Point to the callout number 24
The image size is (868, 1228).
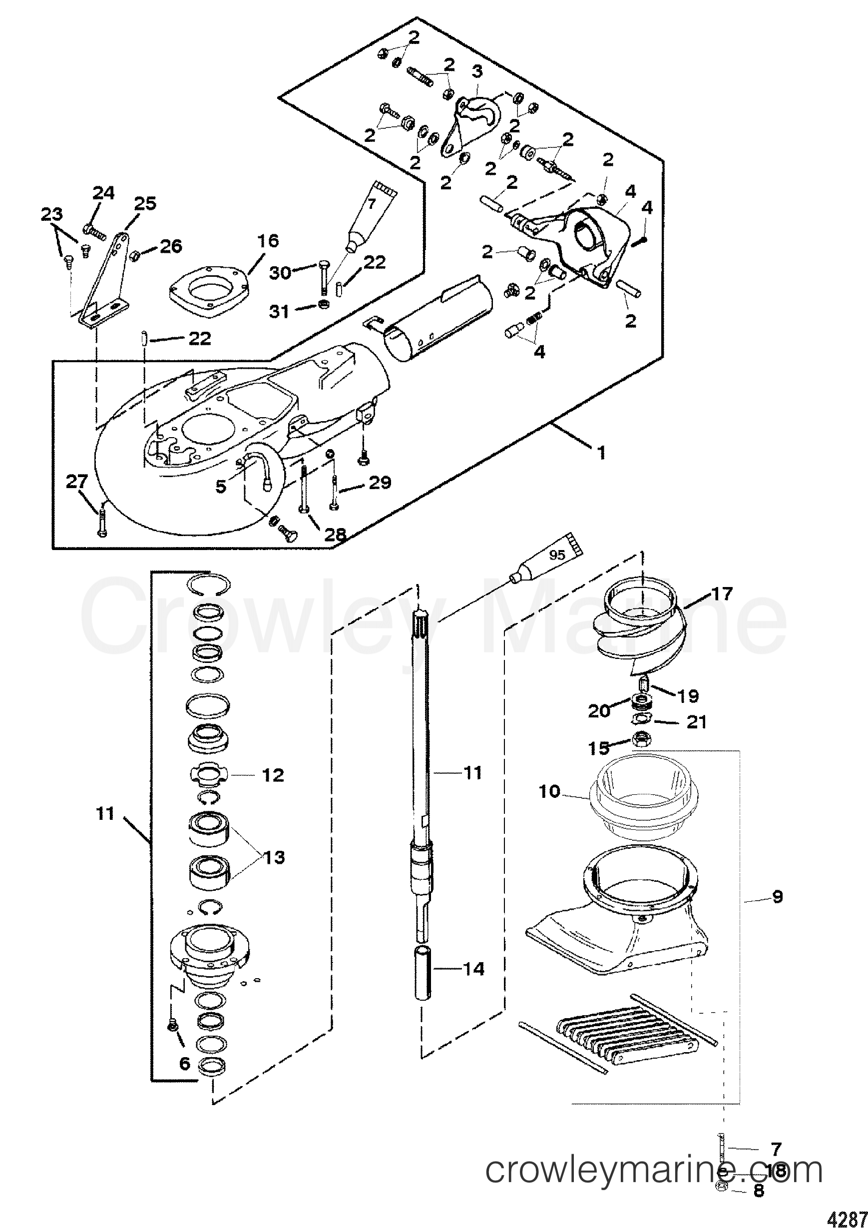point(104,192)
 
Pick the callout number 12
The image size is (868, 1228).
point(273,775)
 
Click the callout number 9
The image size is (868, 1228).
point(777,896)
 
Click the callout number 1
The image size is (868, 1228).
point(602,454)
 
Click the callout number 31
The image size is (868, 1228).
point(279,311)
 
